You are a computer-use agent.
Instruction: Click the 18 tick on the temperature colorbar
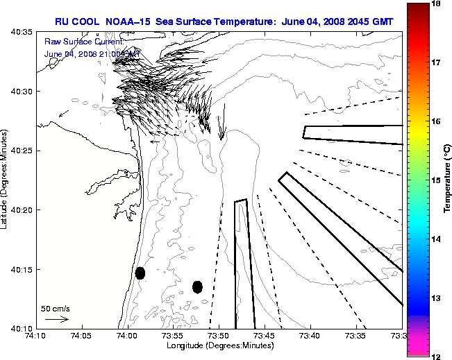437,3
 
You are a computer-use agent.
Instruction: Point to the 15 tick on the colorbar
437,180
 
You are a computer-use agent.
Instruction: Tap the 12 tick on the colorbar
437,356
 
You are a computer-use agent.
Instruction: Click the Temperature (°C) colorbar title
449,180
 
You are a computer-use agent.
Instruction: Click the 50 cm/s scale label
56,308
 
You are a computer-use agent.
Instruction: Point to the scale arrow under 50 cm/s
56,319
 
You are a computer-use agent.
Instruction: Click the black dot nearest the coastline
140,273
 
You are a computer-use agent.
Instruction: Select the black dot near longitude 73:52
197,286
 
